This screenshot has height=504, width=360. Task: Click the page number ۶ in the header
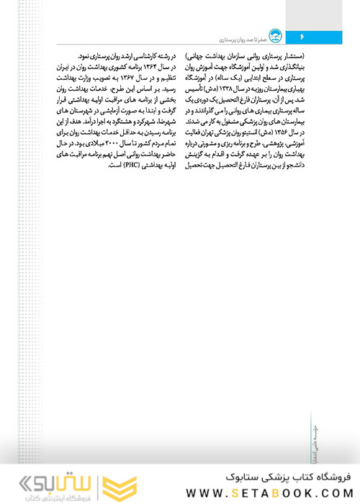pos(302,35)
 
